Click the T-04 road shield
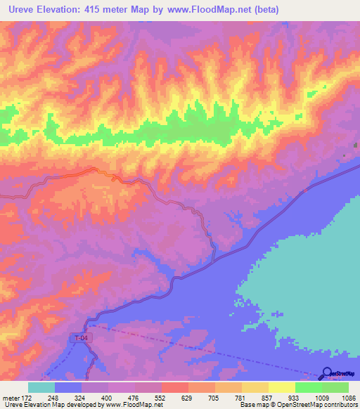coord(82,338)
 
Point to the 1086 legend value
coord(338,397)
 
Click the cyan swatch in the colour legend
coord(41,387)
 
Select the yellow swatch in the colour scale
coord(282,387)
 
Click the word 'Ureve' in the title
coord(19,10)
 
